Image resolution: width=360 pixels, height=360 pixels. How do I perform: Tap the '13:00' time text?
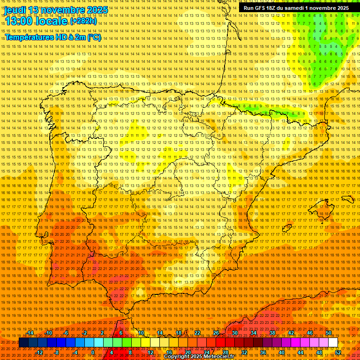click(x=19, y=21)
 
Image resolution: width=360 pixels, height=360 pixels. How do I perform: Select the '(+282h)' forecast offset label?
click(x=83, y=21)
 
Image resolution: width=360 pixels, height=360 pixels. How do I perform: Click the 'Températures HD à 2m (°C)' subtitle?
click(x=53, y=37)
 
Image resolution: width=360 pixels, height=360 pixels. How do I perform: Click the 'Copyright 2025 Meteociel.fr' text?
click(x=199, y=357)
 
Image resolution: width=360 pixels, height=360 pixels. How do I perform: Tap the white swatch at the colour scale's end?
click(x=333, y=343)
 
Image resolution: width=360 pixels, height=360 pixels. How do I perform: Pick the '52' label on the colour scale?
click(x=338, y=352)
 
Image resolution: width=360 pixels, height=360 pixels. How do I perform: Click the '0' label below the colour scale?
click(x=93, y=352)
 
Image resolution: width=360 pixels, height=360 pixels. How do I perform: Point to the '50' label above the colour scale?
click(x=329, y=333)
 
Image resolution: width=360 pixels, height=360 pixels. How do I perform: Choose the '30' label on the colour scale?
click(x=234, y=333)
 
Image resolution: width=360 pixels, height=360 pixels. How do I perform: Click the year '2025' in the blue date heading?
click(x=97, y=10)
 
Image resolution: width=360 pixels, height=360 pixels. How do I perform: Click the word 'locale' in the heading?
click(x=52, y=21)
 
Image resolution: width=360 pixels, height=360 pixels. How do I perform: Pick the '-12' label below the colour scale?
click(x=39, y=352)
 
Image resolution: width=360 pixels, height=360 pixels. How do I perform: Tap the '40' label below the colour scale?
click(x=282, y=352)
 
